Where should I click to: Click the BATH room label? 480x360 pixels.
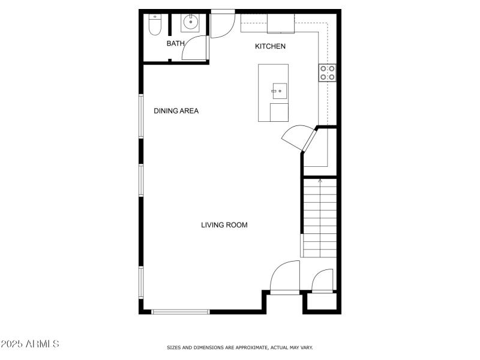pos(175,43)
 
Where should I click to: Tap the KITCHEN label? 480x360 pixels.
pos(270,46)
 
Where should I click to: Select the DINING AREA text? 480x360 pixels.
pos(176,110)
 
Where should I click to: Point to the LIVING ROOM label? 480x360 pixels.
pos(224,225)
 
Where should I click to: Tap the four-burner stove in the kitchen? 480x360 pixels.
pos(327,73)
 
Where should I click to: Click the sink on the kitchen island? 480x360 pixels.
pos(279,92)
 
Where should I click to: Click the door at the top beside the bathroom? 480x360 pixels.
pos(223,23)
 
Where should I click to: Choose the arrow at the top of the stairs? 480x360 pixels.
pos(320,180)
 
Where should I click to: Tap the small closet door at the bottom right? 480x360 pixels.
pos(323,281)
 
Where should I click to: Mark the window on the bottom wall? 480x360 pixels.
pos(180,311)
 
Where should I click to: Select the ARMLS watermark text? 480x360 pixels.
pos(29,344)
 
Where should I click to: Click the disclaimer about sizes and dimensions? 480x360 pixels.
pos(239,347)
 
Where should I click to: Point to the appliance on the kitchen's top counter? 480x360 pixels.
pos(281,23)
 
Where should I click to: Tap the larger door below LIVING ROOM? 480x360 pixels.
pos(285,277)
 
